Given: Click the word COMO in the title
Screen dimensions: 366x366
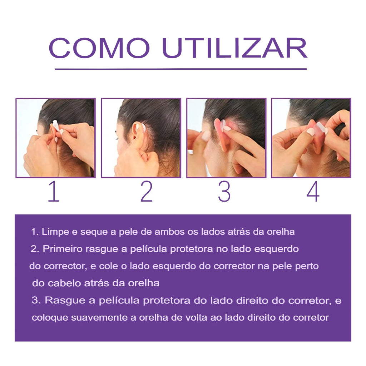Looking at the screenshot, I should point(99,48).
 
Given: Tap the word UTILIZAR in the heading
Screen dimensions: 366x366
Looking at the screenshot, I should point(234,48).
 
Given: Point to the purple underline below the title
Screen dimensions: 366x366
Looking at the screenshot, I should point(180,69).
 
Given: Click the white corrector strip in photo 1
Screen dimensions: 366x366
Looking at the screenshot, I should point(56,126).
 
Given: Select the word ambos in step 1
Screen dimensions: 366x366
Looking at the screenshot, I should point(170,232).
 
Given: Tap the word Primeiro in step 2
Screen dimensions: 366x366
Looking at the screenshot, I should point(63,249).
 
